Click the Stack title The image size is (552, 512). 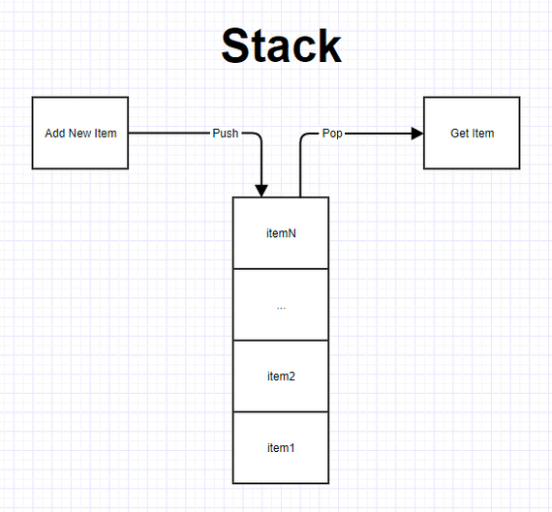tap(281, 45)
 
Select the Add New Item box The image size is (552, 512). tap(80, 133)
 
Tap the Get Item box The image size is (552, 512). tap(472, 133)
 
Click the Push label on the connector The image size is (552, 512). tap(226, 134)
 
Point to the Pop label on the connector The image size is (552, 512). tap(332, 134)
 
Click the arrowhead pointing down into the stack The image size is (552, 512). tap(261, 191)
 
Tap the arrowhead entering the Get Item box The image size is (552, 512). tap(417, 134)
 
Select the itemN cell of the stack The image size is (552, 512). tap(281, 233)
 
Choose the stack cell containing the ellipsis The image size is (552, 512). tap(281, 305)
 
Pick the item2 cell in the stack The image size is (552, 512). tap(281, 376)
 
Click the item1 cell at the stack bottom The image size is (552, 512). tap(281, 447)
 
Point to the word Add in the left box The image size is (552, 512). tap(55, 134)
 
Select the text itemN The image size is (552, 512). tap(281, 233)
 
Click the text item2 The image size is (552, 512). tap(281, 376)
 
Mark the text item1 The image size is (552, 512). tap(281, 448)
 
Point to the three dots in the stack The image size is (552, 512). tap(281, 309)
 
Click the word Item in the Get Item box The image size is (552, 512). tap(482, 134)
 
